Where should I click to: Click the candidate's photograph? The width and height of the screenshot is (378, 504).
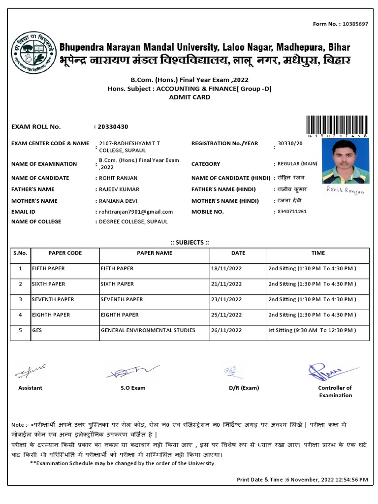click(345, 161)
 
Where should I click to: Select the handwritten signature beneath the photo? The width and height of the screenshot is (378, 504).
click(345, 191)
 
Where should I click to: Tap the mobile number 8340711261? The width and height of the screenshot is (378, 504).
click(292, 212)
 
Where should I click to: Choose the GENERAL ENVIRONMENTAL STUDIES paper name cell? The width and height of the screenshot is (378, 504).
click(148, 330)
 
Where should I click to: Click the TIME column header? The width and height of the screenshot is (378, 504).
click(318, 253)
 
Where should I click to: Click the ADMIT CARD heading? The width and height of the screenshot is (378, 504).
click(189, 97)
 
